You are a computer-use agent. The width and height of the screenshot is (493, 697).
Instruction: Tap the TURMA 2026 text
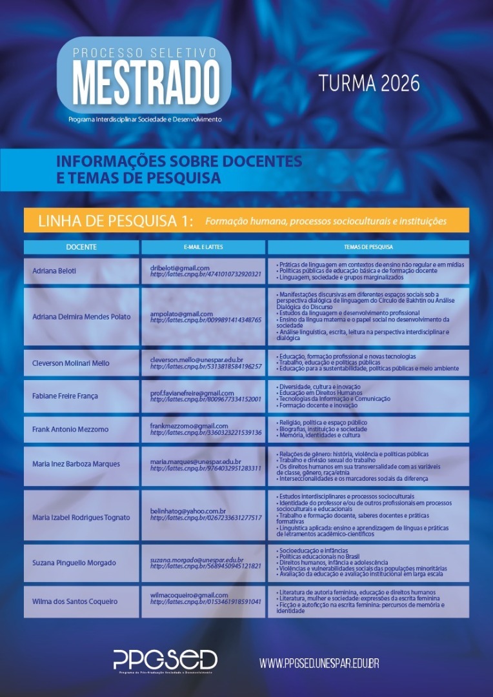pyautogui.click(x=368, y=83)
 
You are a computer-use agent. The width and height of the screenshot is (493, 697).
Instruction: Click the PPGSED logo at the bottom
pyautogui.click(x=165, y=660)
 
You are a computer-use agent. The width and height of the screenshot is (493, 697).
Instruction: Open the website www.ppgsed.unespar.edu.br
pyautogui.click(x=319, y=663)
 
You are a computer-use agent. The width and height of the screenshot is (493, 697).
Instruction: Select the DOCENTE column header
pyautogui.click(x=81, y=247)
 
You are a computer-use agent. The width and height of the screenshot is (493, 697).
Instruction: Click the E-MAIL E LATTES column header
pyautogui.click(x=203, y=247)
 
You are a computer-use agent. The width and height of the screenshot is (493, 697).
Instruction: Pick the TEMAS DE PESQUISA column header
pyautogui.click(x=368, y=247)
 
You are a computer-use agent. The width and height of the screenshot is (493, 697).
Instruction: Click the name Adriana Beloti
pyautogui.click(x=54, y=271)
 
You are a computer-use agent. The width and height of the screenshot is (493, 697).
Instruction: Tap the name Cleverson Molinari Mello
pyautogui.click(x=71, y=363)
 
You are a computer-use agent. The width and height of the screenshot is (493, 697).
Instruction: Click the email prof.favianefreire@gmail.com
pyautogui.click(x=192, y=393)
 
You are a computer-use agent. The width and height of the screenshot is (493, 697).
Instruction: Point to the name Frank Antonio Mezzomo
pyautogui.click(x=70, y=429)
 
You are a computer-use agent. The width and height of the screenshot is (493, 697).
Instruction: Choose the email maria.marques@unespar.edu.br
pyautogui.click(x=196, y=462)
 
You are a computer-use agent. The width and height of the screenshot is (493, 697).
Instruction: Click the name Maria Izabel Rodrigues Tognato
pyautogui.click(x=81, y=518)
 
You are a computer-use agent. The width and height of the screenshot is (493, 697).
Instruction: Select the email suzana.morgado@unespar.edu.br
pyautogui.click(x=197, y=560)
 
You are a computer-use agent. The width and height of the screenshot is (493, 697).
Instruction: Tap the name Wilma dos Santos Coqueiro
pyautogui.click(x=75, y=601)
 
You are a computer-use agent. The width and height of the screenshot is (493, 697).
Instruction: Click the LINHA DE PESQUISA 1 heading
pyautogui.click(x=116, y=221)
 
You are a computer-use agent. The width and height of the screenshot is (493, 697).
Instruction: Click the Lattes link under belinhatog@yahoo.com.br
pyautogui.click(x=205, y=518)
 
